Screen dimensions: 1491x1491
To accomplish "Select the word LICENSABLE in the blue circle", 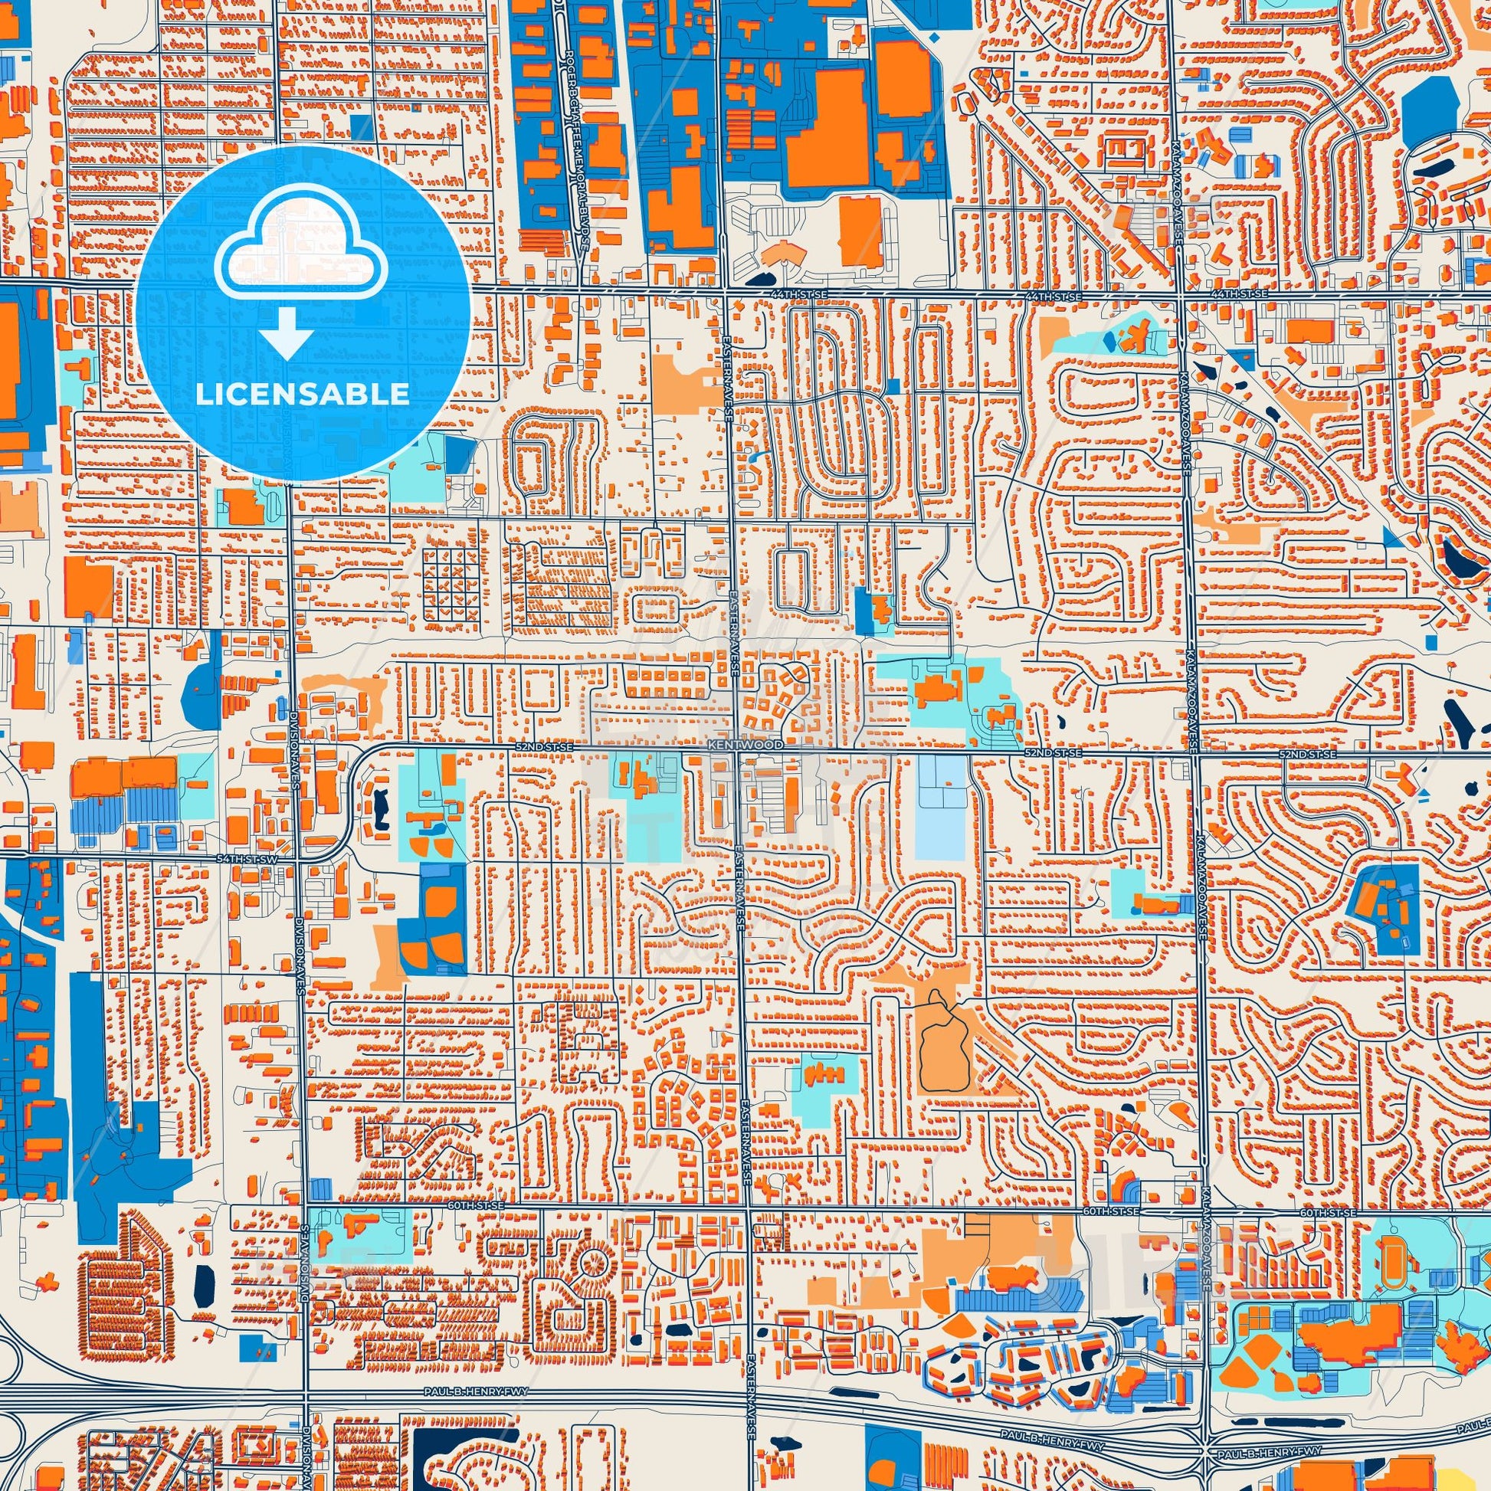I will (x=303, y=395).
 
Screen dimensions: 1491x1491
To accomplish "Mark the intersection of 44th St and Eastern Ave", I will (x=726, y=290).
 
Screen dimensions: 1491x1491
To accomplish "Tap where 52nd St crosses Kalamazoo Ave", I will (x=1194, y=751).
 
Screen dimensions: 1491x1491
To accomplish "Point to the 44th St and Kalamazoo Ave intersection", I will (x=1181, y=294).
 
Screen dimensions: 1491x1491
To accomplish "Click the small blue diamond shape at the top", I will (x=935, y=36).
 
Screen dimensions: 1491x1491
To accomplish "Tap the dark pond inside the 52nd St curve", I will (x=380, y=808).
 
